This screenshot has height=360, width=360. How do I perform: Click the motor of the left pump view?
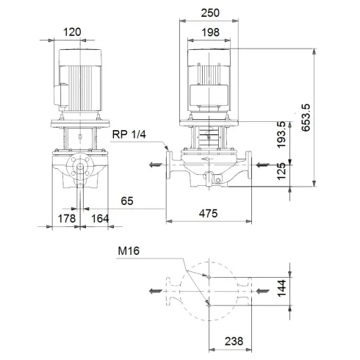pyautogui.click(x=77, y=82)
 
